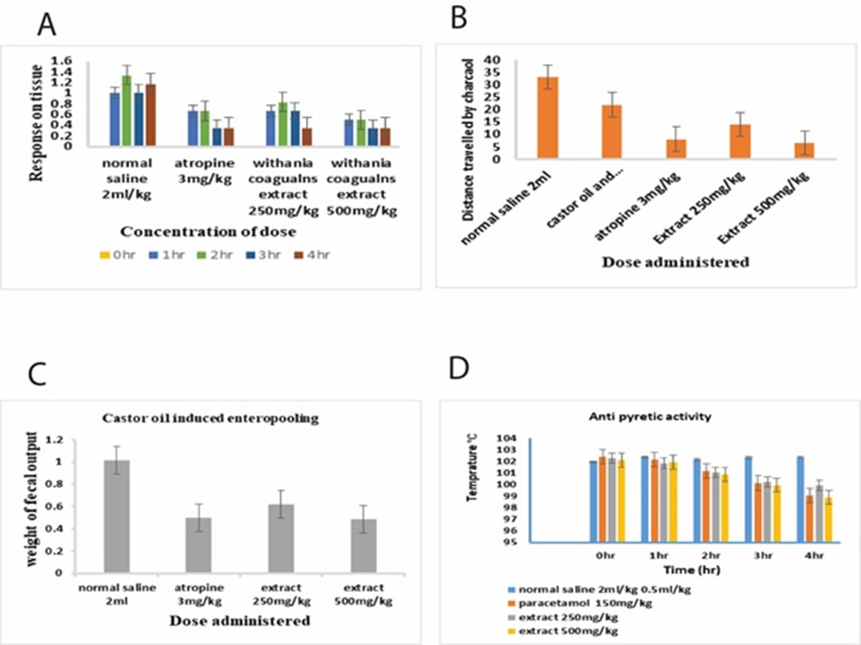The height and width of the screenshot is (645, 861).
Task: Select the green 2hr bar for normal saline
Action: pos(127,111)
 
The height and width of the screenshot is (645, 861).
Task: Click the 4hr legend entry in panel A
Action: pos(312,255)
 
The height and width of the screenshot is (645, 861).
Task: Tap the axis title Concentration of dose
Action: pos(208,231)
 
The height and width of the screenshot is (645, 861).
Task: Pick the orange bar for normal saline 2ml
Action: pos(548,118)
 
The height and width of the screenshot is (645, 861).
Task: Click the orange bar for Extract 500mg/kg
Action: pos(804,151)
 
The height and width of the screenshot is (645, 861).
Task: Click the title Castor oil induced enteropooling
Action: pos(210,419)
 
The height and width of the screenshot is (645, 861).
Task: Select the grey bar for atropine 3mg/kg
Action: pos(198,545)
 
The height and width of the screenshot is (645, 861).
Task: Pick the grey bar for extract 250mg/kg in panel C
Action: pos(281,539)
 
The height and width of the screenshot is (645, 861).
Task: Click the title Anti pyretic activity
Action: pos(650,417)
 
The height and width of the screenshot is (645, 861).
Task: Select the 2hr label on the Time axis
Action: pos(710,556)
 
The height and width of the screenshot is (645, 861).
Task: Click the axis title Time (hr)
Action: pos(692,569)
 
